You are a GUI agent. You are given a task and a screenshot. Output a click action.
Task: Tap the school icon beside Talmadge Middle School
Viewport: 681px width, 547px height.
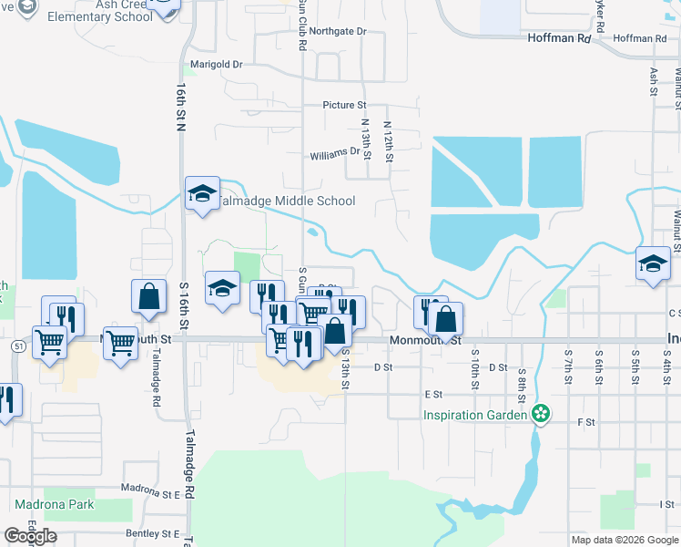203,193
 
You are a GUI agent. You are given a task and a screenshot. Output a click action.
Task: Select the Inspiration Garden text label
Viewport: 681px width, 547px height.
475,416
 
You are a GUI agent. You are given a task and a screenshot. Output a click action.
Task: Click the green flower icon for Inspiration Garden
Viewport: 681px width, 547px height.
541,415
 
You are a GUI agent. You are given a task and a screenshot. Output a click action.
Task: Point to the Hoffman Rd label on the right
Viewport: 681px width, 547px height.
640,38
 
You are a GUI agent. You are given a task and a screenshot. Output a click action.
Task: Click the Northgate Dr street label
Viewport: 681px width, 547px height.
337,31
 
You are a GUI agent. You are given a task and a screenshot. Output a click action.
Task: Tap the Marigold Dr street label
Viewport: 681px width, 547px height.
216,65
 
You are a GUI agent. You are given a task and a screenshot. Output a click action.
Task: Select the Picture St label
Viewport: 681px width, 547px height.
344,106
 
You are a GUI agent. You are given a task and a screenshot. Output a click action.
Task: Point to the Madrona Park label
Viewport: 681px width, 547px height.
54,504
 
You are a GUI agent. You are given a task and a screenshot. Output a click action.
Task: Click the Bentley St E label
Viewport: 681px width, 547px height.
153,533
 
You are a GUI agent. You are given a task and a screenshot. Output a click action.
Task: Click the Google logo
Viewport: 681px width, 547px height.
31,536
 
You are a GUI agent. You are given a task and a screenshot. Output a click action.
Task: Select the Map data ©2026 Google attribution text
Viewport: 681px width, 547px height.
625,540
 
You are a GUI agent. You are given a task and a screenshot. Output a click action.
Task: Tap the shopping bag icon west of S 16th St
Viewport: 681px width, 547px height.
148,296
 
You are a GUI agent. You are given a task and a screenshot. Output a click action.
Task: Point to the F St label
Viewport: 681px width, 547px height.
586,422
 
